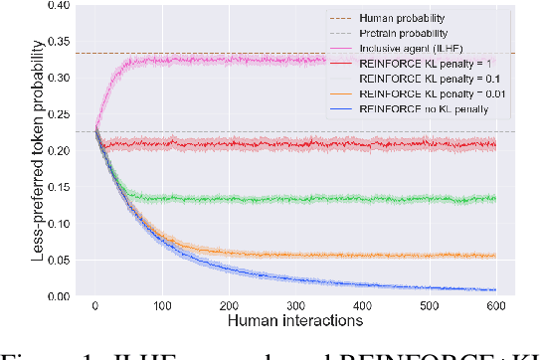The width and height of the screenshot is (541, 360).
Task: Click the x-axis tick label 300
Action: (x=296, y=306)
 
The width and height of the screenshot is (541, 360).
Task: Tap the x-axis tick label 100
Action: (x=162, y=306)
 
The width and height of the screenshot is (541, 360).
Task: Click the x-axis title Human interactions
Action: (x=295, y=321)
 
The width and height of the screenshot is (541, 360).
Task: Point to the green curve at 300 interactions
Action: (x=296, y=199)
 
